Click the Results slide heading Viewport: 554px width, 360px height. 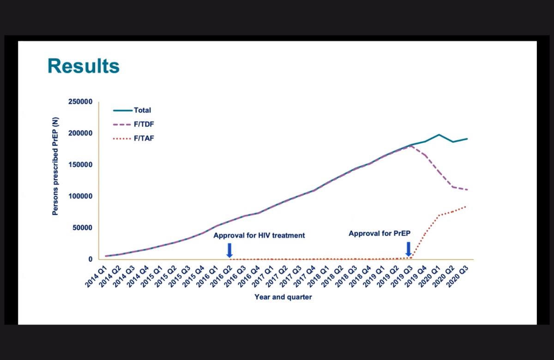click(x=84, y=66)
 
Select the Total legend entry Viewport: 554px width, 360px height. click(x=142, y=110)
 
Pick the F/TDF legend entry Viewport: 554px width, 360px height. click(x=143, y=124)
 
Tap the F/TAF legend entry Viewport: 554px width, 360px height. click(x=143, y=138)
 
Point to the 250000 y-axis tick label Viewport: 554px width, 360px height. click(x=81, y=102)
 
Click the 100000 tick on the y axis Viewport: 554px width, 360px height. click(x=81, y=197)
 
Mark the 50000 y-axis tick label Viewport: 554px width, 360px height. click(x=83, y=228)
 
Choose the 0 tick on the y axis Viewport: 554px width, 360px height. click(x=90, y=259)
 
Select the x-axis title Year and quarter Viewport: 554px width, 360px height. click(x=283, y=297)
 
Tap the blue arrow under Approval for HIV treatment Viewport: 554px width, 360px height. click(x=229, y=250)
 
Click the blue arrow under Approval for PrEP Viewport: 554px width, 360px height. click(x=408, y=249)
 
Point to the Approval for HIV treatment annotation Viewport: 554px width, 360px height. click(x=259, y=235)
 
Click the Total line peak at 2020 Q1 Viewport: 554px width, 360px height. click(x=439, y=135)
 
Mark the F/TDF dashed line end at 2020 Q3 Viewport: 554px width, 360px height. click(x=467, y=190)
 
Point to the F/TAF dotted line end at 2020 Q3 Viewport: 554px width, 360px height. click(x=467, y=206)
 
